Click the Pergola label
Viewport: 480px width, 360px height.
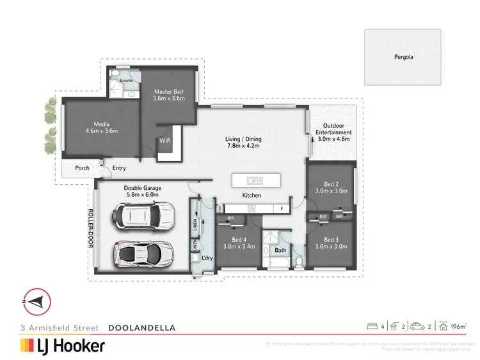[403, 57]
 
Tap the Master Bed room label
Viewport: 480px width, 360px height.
[169, 91]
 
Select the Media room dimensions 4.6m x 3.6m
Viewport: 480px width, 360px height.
[102, 130]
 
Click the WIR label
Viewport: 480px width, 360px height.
[165, 140]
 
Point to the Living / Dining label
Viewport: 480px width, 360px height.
[243, 139]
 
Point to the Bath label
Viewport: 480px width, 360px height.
[280, 251]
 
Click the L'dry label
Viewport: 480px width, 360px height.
[207, 258]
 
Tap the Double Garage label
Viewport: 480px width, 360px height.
[142, 188]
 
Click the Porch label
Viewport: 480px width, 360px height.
[82, 168]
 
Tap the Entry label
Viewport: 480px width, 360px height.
[119, 168]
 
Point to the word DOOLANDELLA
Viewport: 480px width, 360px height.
[142, 327]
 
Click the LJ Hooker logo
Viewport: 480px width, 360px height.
[62, 346]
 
